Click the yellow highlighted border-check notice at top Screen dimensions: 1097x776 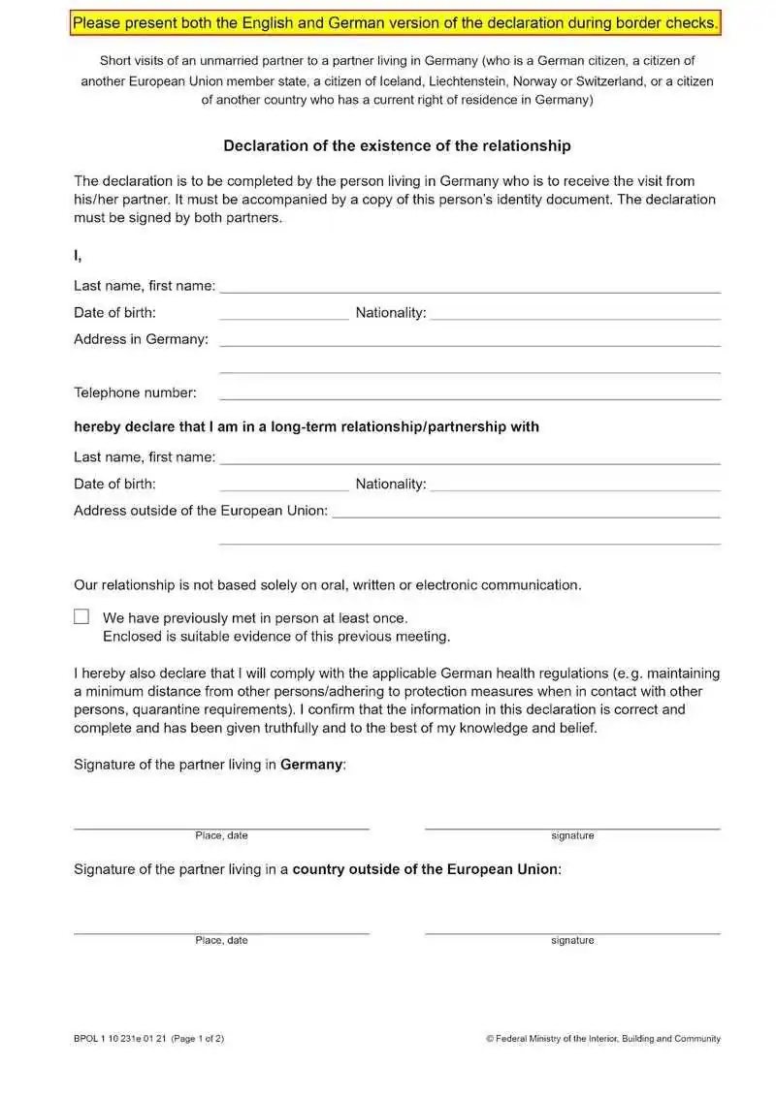pos(396,22)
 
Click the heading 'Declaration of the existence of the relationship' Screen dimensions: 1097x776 pos(397,146)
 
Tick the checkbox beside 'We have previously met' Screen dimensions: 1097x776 pos(81,616)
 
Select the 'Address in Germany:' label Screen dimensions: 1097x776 pos(141,339)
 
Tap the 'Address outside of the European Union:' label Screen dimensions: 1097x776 pos(201,511)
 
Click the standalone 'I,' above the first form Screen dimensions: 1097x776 pos(78,256)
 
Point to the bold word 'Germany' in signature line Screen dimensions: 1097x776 pos(311,765)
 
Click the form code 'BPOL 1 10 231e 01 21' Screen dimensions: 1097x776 pos(119,1039)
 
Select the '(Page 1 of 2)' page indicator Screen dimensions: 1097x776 pos(198,1039)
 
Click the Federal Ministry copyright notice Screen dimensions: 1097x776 pos(602,1039)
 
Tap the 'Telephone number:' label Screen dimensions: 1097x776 pos(135,392)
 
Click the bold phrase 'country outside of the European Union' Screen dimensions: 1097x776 pos(425,869)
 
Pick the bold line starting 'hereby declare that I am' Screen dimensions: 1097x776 pos(307,426)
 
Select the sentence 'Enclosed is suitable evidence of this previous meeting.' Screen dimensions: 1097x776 pos(276,637)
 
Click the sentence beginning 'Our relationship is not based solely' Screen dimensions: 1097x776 pos(328,585)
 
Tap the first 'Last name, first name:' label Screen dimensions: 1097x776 pos(145,286)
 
